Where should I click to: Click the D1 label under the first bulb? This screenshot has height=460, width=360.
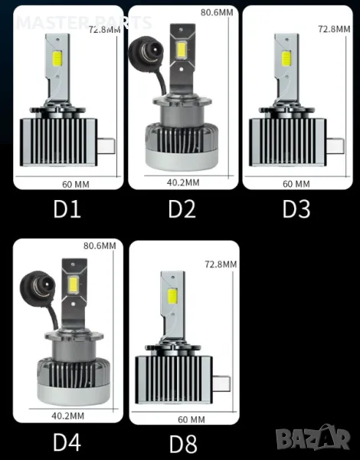[67, 209]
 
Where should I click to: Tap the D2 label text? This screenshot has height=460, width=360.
[182, 209]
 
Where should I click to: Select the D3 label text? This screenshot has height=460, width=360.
[296, 209]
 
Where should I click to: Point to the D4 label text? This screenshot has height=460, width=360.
[67, 442]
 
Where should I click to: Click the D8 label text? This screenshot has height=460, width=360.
[183, 444]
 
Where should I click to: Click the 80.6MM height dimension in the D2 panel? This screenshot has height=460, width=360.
[217, 12]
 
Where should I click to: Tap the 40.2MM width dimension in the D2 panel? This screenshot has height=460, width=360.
[183, 182]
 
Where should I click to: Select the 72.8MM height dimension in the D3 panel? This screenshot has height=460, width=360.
[334, 29]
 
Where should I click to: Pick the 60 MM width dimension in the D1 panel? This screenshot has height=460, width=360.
[76, 185]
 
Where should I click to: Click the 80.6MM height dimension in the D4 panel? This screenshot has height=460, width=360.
[100, 246]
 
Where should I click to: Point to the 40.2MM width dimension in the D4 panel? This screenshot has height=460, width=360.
[67, 416]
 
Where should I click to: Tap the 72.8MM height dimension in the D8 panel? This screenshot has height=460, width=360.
[221, 264]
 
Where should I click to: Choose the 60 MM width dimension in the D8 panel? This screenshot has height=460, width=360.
[191, 419]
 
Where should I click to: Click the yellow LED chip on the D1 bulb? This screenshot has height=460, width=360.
[57, 58]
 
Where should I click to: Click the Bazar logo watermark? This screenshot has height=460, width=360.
[313, 437]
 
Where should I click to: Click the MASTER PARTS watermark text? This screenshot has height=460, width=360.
[84, 22]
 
